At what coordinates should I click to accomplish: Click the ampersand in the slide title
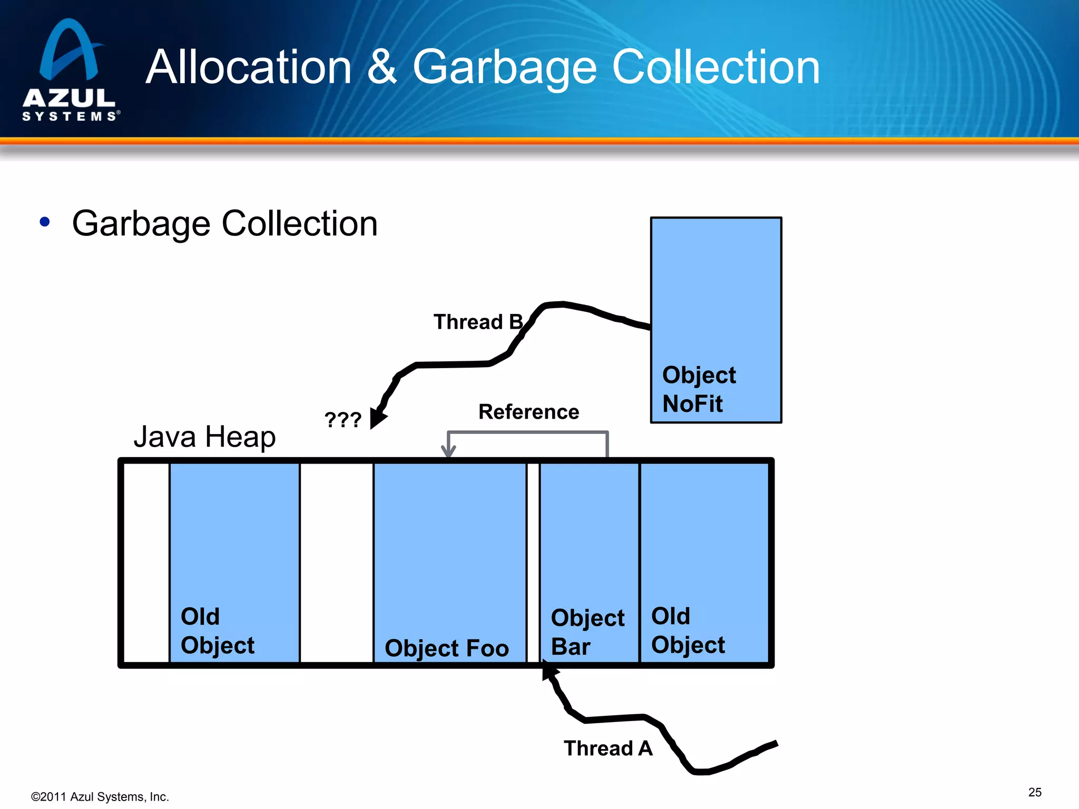[381, 67]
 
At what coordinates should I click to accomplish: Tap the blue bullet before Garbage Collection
[45, 222]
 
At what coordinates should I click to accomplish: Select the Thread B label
[477, 322]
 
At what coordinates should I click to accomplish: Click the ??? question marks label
[342, 420]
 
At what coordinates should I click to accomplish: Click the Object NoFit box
[715, 320]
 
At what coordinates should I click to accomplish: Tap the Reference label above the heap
[528, 412]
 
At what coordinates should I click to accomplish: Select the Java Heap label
[204, 437]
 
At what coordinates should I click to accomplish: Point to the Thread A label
[608, 748]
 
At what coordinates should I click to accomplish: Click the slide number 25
[1035, 792]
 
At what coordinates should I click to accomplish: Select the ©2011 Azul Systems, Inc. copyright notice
[100, 797]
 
